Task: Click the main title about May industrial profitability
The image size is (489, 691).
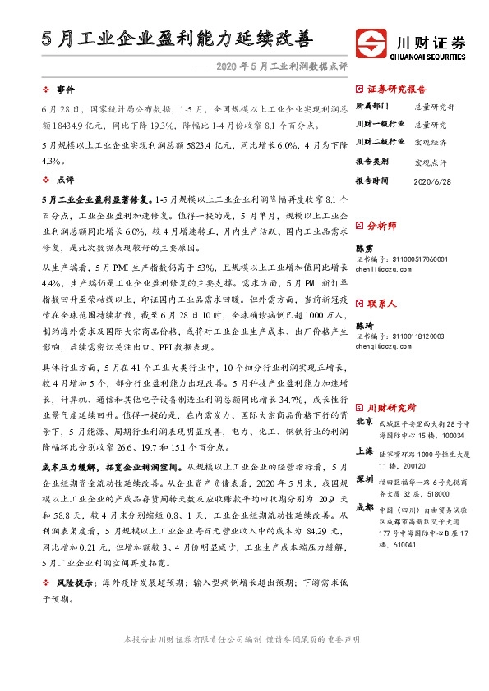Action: point(177,38)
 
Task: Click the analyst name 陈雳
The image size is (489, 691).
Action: point(363,247)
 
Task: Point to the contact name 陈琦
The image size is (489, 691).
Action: point(363,325)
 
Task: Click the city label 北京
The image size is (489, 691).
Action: point(364,422)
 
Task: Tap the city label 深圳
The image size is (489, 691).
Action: point(364,478)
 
